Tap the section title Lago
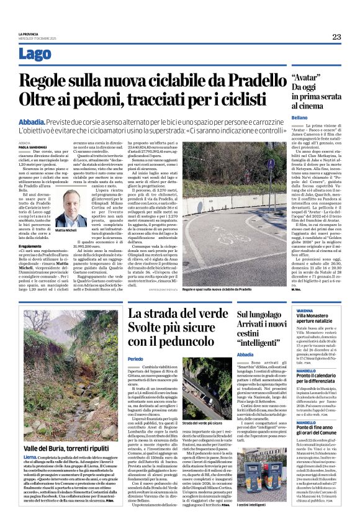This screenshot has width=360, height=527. coord(35,53)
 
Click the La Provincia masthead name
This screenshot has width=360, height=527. coord(28,34)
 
